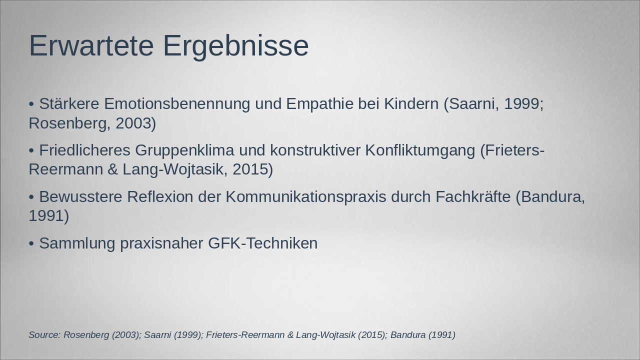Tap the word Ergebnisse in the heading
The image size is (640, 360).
click(235, 45)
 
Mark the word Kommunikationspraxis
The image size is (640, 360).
click(305, 197)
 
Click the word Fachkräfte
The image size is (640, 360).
click(473, 197)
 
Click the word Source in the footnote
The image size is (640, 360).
click(44, 335)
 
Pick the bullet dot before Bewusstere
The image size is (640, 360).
click(31, 197)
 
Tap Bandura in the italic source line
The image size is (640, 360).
click(407, 335)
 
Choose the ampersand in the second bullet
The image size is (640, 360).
click(112, 169)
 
